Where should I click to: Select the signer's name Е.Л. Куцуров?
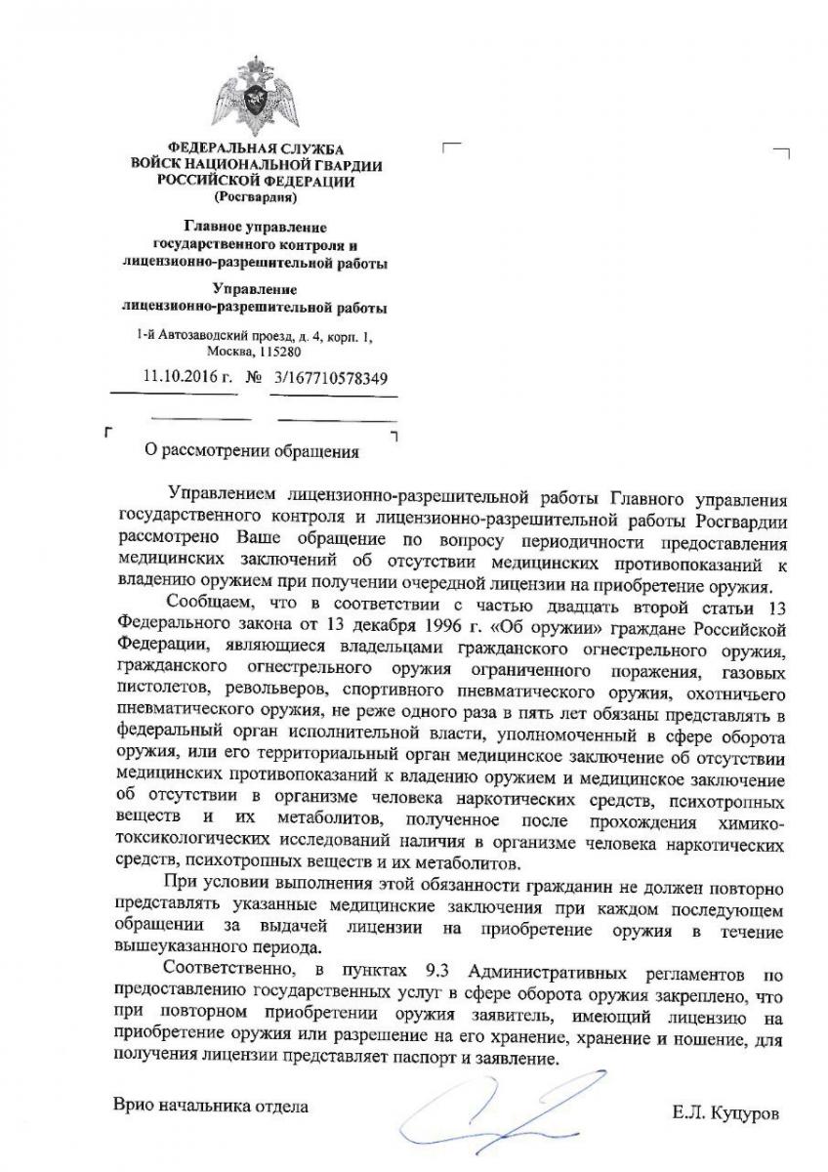[x=726, y=1112]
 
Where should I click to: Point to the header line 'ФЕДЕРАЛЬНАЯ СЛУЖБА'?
[x=257, y=148]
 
